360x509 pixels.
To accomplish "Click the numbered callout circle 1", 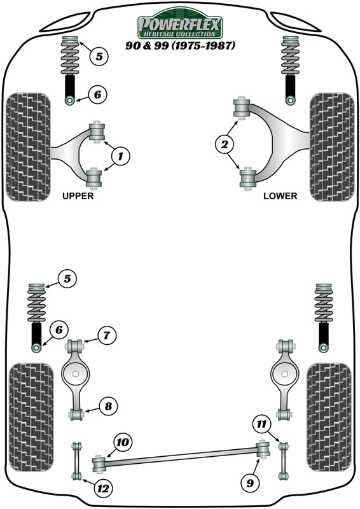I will coord(121,155).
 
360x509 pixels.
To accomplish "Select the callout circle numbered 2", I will coord(223,146).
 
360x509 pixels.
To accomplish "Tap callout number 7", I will coord(106,335).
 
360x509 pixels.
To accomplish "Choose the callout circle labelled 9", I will coord(249,483).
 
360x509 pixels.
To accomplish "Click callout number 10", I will coord(121,442).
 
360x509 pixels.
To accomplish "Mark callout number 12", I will coord(102,488).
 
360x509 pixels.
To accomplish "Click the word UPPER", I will coord(78,196).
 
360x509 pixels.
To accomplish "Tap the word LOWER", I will coord(280,196).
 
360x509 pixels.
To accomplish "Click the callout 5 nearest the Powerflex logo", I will coord(98,56).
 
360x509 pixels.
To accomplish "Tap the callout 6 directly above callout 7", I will coord(58,330).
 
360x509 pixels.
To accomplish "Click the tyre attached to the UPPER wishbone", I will coord(28,148).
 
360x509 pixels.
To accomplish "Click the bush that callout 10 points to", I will coord(99,463).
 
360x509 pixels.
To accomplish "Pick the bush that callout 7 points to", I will coord(76,347).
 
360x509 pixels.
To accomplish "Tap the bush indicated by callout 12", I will coord(77,476).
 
